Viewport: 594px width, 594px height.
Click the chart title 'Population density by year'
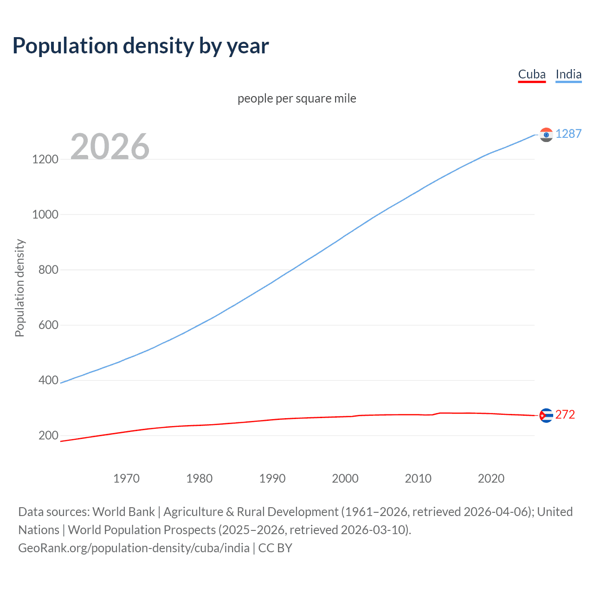[141, 46]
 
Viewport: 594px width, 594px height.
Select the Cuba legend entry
[532, 74]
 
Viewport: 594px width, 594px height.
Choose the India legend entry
[568, 74]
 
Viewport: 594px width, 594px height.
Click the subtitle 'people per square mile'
[297, 98]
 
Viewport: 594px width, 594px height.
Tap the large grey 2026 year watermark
[110, 147]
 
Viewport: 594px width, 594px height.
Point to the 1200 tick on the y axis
[45, 159]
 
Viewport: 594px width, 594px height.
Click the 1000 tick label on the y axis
[45, 214]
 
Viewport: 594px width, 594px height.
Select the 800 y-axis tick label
[48, 270]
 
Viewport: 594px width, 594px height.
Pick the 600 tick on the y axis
[48, 325]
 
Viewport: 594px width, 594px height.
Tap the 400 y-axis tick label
[48, 380]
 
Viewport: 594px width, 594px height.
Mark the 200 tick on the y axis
[48, 435]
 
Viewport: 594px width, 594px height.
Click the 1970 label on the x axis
[126, 478]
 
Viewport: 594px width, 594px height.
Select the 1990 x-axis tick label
[272, 478]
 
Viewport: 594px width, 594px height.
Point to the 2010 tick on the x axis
[418, 478]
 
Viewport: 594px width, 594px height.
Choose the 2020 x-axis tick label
[491, 478]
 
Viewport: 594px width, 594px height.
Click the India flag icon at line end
[546, 135]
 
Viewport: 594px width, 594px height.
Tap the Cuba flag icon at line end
[546, 415]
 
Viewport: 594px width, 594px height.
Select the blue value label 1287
[568, 134]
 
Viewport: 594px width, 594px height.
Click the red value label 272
[565, 414]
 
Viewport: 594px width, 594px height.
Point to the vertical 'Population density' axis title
[19, 288]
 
